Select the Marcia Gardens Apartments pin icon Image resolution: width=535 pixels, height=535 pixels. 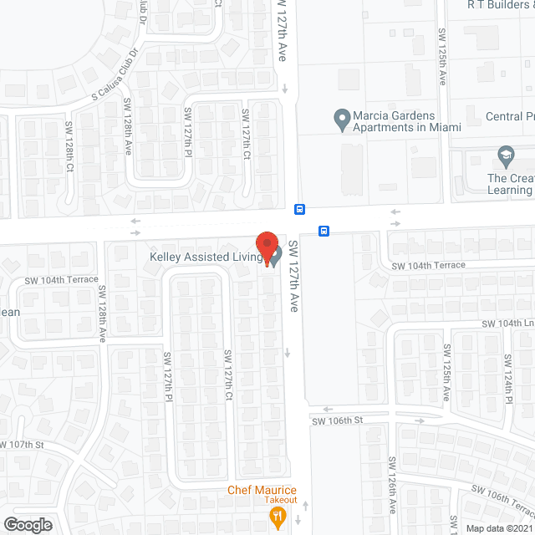(341, 120)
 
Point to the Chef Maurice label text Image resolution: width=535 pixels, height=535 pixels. (263, 490)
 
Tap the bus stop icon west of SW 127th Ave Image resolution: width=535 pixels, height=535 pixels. (299, 208)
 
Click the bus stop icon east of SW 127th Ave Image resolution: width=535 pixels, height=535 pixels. (324, 230)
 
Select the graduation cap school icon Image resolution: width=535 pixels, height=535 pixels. (505, 155)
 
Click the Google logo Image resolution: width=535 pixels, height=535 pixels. (27, 524)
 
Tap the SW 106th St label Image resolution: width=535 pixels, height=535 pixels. (339, 420)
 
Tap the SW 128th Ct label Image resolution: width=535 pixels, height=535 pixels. (69, 149)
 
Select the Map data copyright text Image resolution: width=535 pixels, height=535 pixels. (498, 528)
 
